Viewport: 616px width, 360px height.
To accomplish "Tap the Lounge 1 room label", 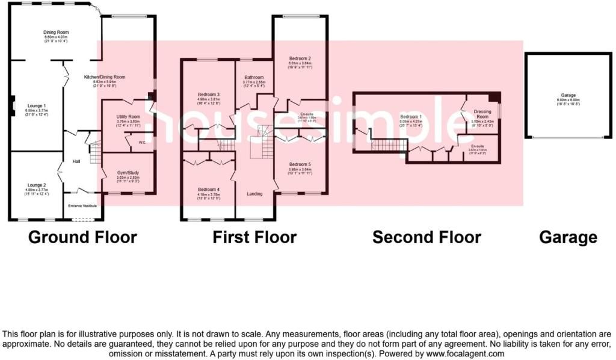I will coord(36,106).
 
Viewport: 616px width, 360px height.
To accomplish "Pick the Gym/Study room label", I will coord(128,173).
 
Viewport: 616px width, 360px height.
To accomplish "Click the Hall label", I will coord(76,161).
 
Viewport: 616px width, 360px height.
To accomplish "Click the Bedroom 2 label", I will coord(300,58).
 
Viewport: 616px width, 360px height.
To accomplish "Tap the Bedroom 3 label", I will coord(209,95).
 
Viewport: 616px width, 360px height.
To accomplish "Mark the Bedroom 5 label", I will coord(299,164).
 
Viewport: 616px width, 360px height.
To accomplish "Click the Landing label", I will coord(255,194).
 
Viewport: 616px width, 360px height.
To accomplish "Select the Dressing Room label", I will coord(482,114).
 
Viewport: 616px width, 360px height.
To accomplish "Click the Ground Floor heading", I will coord(83,237).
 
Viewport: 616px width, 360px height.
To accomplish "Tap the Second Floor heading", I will coord(427,237).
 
